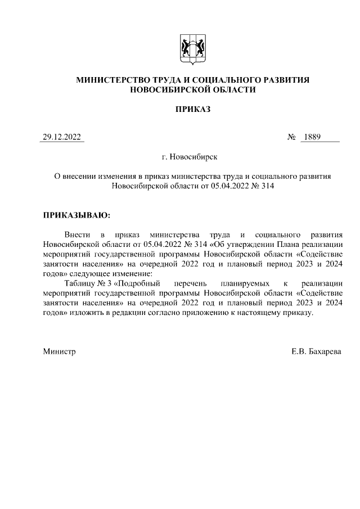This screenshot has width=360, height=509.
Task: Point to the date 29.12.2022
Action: coord(62,137)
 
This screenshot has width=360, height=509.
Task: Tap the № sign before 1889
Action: coord(291,137)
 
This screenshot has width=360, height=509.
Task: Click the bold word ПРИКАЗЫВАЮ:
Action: coord(76,215)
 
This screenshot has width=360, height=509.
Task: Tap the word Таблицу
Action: coord(79,282)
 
